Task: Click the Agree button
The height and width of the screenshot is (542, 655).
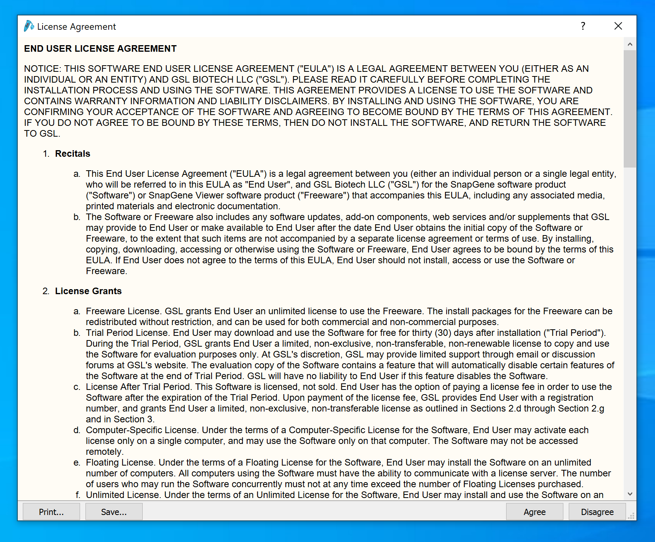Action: [534, 512]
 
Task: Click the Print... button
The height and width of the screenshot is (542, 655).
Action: [51, 512]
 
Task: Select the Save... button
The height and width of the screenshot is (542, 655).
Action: [114, 512]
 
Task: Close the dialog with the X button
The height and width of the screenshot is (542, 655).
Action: [618, 26]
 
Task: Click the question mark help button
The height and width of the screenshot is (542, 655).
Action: [583, 26]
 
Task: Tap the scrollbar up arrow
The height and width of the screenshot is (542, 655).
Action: [630, 44]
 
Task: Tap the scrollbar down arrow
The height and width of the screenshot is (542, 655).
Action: [630, 494]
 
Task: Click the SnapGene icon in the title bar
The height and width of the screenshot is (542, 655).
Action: [29, 26]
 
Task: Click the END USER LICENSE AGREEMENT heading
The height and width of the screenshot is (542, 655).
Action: [100, 49]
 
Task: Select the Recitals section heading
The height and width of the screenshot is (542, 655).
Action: [72, 154]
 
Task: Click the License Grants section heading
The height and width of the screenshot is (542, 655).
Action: [88, 291]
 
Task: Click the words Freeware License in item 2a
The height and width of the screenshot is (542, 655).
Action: [123, 311]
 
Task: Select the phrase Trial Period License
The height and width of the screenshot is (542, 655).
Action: [127, 333]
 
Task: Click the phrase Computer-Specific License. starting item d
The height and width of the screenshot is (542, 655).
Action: [142, 430]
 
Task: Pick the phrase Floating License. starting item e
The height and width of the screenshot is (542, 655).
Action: [120, 462]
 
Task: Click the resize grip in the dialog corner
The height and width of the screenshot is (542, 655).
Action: [631, 516]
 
